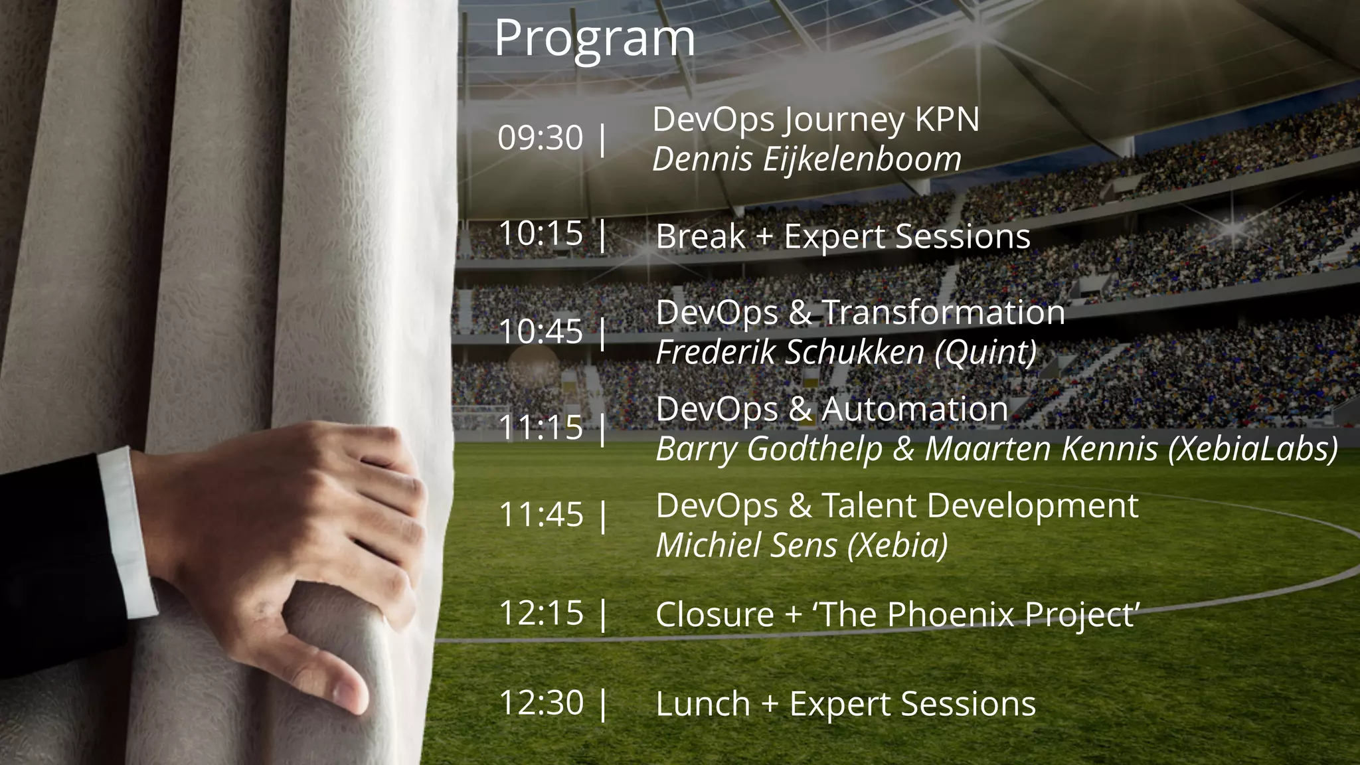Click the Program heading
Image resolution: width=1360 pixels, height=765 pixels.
click(x=594, y=39)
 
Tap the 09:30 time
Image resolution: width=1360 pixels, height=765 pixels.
click(x=541, y=138)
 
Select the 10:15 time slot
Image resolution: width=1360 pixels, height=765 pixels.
click(x=541, y=233)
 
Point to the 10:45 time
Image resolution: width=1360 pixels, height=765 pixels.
click(x=541, y=331)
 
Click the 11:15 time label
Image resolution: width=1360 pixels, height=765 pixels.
click(x=541, y=428)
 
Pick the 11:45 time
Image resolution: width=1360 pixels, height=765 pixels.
click(x=541, y=515)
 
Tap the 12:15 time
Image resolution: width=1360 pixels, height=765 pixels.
click(x=541, y=613)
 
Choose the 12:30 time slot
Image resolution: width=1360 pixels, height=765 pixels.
click(x=541, y=703)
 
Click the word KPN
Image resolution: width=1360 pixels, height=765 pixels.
click(x=947, y=120)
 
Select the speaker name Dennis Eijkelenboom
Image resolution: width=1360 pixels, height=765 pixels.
click(x=807, y=159)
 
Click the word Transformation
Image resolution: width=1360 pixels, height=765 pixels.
click(x=944, y=312)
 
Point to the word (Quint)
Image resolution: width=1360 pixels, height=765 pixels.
click(x=985, y=352)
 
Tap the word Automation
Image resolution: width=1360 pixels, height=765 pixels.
click(x=915, y=409)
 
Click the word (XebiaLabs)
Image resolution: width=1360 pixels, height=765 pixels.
click(x=1252, y=449)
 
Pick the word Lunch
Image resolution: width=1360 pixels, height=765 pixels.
click(x=703, y=704)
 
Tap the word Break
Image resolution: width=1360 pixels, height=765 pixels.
click(x=700, y=236)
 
